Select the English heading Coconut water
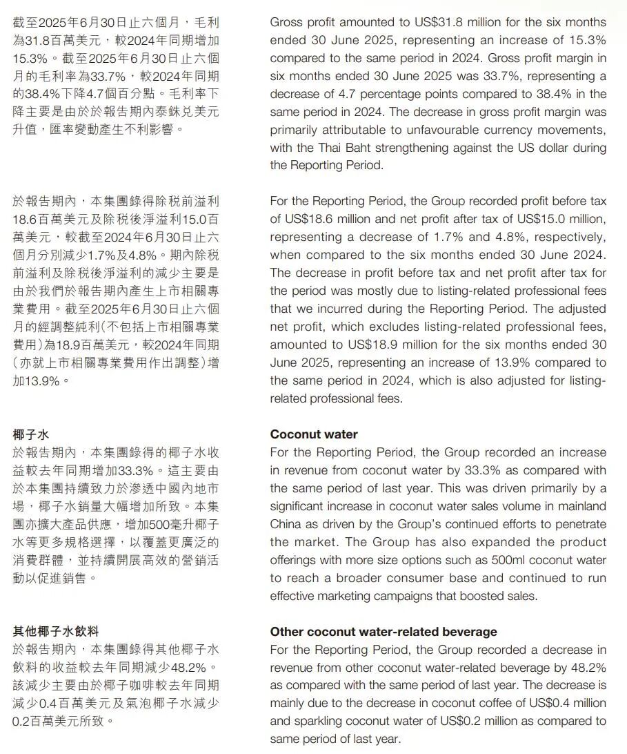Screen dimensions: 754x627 (x=314, y=434)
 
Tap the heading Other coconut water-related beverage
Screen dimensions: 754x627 (x=384, y=632)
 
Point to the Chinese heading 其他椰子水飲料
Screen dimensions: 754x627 (x=56, y=631)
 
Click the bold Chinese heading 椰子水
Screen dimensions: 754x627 (x=30, y=434)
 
